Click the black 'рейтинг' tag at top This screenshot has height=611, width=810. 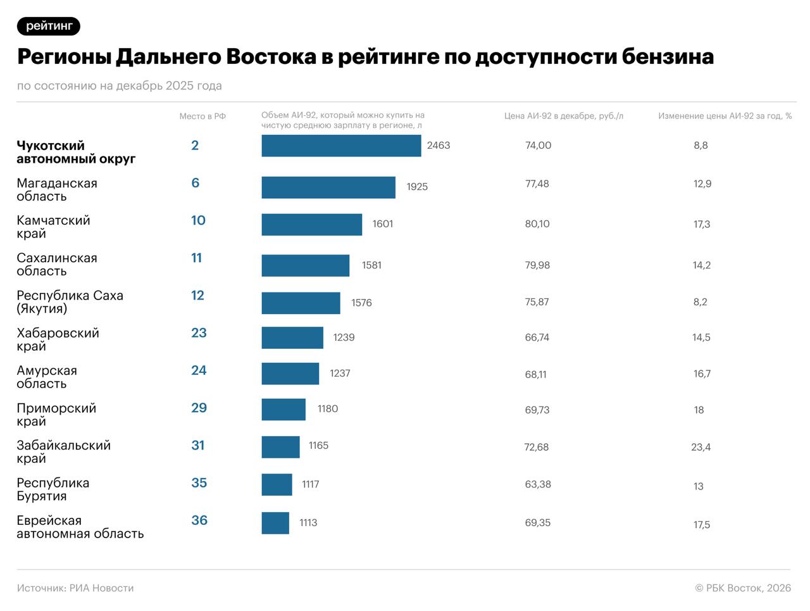pyautogui.click(x=49, y=26)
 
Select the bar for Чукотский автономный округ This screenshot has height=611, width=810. pyautogui.click(x=341, y=146)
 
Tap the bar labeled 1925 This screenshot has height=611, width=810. pyautogui.click(x=328, y=187)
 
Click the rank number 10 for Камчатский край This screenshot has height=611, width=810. pyautogui.click(x=198, y=220)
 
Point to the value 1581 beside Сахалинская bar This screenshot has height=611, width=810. pyautogui.click(x=371, y=265)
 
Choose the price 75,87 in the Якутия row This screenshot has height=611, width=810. pyautogui.click(x=537, y=302)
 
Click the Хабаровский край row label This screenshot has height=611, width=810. pyautogui.click(x=58, y=339)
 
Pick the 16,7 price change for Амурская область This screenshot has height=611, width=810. pyautogui.click(x=702, y=374)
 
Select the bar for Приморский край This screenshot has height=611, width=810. pyautogui.click(x=283, y=410)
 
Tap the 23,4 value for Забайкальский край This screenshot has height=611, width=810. pyautogui.click(x=701, y=447)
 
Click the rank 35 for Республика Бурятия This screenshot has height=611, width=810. pyautogui.click(x=199, y=483)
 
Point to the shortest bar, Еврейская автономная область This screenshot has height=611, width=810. pyautogui.click(x=275, y=523)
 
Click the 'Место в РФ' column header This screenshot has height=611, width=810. pyautogui.click(x=202, y=116)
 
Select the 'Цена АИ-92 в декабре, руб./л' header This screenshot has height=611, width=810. pyautogui.click(x=563, y=116)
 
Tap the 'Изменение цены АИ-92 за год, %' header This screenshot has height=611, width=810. pyautogui.click(x=725, y=116)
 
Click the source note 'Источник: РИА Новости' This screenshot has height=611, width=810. pyautogui.click(x=75, y=588)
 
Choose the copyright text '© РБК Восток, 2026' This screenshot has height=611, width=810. pyautogui.click(x=743, y=588)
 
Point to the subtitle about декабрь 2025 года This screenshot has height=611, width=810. pyautogui.click(x=119, y=85)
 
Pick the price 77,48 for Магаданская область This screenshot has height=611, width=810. pyautogui.click(x=537, y=184)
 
